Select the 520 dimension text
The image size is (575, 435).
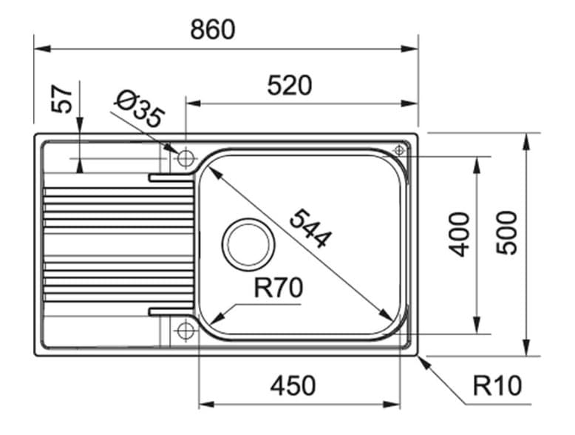click(290, 86)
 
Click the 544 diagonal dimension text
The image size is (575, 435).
click(310, 228)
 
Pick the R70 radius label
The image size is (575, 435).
click(278, 289)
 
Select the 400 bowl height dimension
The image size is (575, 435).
click(460, 235)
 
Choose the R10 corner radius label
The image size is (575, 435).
click(497, 385)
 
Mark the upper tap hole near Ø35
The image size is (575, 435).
click(185, 158)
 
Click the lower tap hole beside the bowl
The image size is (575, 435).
click(185, 329)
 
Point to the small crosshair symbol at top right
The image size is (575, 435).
click(399, 149)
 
